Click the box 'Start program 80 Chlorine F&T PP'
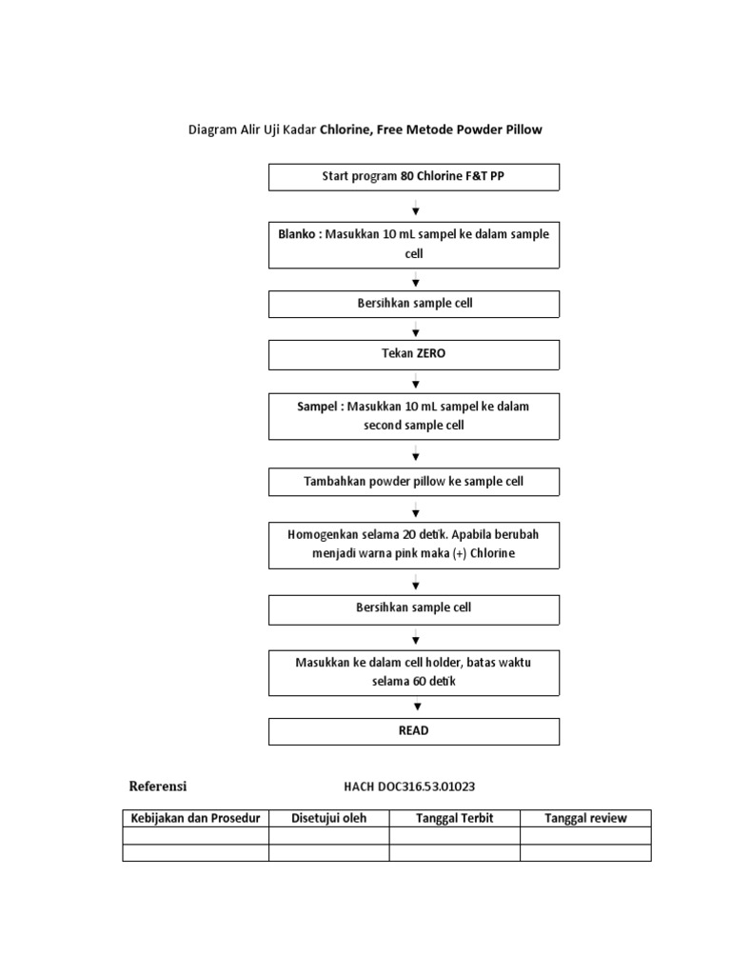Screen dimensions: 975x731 click(413, 177)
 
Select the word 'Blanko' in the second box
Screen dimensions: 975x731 click(297, 234)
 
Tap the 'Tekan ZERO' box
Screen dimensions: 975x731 click(413, 354)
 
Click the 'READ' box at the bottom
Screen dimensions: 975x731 click(413, 731)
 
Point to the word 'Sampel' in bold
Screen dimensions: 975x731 click(318, 407)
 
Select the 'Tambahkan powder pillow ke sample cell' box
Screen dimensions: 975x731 click(413, 482)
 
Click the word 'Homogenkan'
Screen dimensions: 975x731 click(319, 535)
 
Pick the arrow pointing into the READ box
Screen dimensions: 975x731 click(416, 706)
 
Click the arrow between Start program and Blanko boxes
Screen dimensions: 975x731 click(416, 209)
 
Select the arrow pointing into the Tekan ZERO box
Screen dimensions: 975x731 click(416, 330)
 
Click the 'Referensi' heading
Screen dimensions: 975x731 click(158, 786)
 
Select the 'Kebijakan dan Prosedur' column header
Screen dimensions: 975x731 click(195, 819)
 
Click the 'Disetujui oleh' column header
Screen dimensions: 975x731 click(328, 819)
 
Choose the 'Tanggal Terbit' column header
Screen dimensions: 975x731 click(454, 819)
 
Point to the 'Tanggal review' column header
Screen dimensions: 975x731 click(585, 819)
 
